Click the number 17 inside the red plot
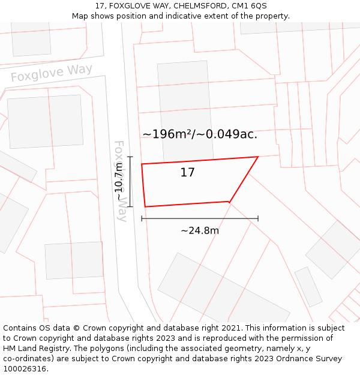[188, 173]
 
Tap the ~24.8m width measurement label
[200, 230]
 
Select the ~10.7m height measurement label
[121, 181]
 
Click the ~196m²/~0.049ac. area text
[200, 134]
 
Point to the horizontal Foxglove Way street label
[52, 73]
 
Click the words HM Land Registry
[34, 349]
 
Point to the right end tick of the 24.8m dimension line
[258, 218]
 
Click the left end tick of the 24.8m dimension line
[142, 218]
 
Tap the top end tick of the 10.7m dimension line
[130, 157]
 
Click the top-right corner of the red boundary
[258, 157]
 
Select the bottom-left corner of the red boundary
[145, 207]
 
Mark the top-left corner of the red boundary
[142, 164]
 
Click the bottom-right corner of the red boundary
[229, 202]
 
